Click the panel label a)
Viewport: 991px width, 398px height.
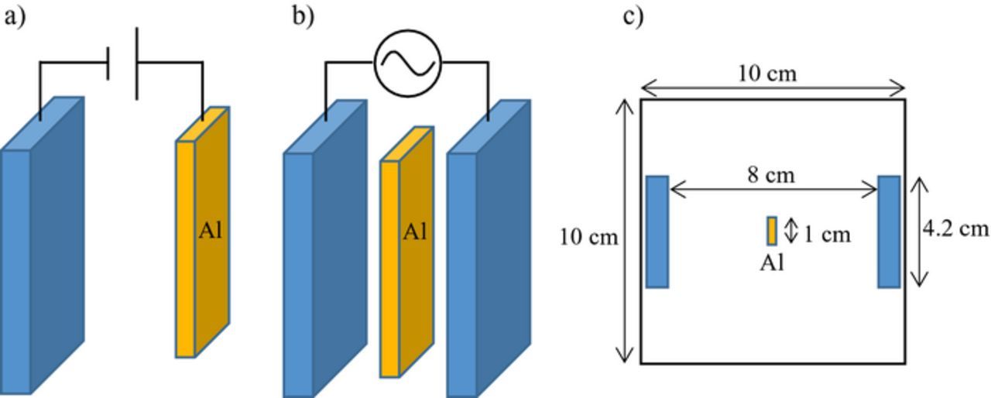tap(14, 16)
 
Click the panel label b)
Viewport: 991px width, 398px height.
tap(303, 16)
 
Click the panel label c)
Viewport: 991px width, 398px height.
tap(633, 16)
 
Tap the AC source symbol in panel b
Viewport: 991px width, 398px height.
tap(407, 62)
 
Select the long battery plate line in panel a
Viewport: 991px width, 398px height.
tap(137, 63)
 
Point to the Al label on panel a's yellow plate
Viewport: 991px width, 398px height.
tap(211, 231)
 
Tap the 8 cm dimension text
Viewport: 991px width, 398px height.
tap(770, 176)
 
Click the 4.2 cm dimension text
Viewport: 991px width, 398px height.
tap(955, 229)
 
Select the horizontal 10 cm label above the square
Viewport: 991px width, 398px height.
tap(766, 74)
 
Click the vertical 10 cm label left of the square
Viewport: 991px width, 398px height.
tap(589, 237)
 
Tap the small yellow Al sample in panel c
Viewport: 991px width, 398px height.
tap(772, 231)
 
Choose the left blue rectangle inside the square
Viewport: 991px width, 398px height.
tap(657, 232)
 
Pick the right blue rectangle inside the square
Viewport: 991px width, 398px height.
tap(889, 232)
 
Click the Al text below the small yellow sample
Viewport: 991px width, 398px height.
tap(771, 263)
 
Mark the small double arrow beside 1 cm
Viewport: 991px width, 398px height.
tap(790, 231)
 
